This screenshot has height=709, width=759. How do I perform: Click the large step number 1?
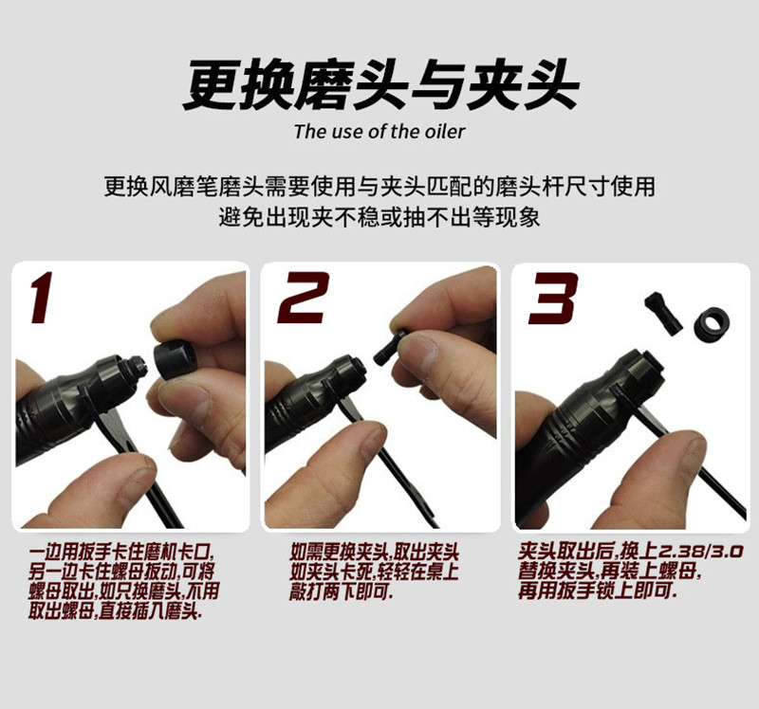pyautogui.click(x=42, y=298)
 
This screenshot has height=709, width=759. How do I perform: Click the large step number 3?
pyautogui.click(x=553, y=298)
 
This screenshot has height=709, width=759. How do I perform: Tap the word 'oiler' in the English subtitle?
pyautogui.click(x=445, y=132)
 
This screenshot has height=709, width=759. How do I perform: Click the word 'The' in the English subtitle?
pyautogui.click(x=311, y=132)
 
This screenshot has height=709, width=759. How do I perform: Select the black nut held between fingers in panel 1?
pyautogui.click(x=175, y=360)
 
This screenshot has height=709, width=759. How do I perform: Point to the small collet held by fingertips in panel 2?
pyautogui.click(x=391, y=347)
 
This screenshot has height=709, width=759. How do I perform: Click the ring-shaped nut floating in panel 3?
pyautogui.click(x=712, y=323)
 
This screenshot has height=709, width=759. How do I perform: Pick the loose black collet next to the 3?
pyautogui.click(x=663, y=314)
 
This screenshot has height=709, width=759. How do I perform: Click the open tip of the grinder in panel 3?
pyautogui.click(x=650, y=364)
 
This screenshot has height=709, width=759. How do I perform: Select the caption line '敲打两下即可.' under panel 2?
pyautogui.click(x=342, y=591)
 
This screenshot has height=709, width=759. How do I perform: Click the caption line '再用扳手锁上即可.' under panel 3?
pyautogui.click(x=597, y=591)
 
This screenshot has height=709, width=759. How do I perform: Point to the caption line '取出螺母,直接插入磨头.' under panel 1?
pyautogui.click(x=115, y=611)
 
